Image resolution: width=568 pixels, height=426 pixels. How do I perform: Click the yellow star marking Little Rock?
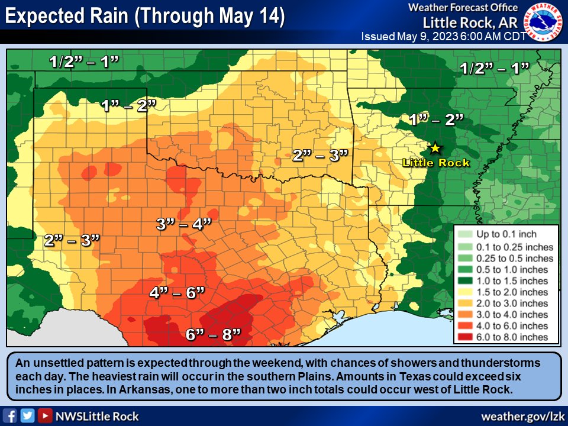(435, 147)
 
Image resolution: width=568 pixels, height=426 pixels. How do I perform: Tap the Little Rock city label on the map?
(435, 163)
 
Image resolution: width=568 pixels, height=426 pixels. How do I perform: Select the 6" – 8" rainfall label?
(214, 334)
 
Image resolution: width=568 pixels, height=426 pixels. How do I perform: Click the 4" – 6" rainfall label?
(177, 292)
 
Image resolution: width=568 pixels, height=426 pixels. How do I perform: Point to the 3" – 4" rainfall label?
(183, 224)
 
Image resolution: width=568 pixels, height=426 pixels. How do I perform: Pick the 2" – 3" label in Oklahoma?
(320, 156)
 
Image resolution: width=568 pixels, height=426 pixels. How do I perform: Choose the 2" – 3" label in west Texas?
(72, 240)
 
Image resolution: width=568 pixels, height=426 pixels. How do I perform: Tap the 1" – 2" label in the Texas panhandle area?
(128, 106)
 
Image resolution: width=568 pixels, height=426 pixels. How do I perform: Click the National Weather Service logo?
(545, 21)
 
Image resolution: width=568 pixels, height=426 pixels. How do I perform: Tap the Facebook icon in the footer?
(9, 416)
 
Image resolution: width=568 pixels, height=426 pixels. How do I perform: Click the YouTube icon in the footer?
(44, 416)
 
